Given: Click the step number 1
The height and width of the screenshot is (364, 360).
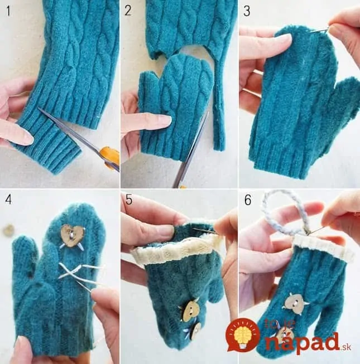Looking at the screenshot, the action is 8,11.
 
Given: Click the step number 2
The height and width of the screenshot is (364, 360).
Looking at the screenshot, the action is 128,11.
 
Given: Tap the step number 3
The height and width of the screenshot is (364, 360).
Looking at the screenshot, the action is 247,11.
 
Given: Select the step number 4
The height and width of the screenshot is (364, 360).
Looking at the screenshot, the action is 8,199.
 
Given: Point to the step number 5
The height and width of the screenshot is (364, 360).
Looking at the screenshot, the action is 129,200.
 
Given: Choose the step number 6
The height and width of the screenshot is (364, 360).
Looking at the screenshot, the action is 248,200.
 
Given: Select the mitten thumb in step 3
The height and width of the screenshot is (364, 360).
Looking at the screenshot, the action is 344,104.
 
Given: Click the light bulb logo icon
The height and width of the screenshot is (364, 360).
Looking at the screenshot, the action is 243,335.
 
